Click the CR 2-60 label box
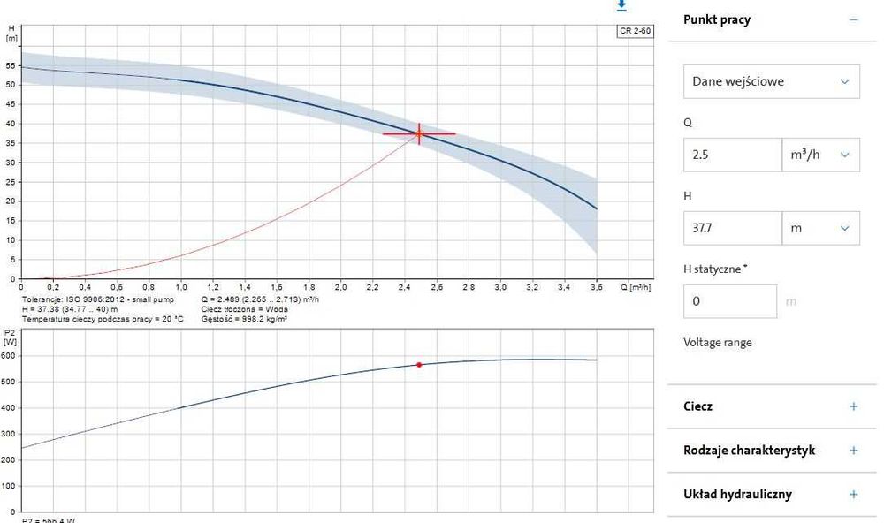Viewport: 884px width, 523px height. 635,32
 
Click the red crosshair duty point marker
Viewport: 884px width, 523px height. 419,133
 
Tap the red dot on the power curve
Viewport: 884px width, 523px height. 419,365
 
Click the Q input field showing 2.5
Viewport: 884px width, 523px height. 732,155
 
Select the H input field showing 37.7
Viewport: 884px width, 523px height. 732,228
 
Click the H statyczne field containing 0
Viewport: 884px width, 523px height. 730,301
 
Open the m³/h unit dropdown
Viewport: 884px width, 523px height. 820,155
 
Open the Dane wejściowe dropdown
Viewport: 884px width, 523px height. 771,81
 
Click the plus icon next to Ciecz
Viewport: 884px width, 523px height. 854,406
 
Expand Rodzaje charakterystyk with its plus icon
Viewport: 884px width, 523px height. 854,451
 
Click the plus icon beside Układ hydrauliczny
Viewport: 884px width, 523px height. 854,495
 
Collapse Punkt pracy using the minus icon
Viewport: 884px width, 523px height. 854,19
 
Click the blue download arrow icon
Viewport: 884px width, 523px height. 621,5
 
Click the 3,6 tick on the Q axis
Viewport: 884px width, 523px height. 597,288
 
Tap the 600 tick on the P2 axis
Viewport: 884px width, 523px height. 10,356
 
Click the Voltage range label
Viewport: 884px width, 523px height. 718,342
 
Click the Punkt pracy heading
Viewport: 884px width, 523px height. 717,19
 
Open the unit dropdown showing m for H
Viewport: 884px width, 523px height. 820,228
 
